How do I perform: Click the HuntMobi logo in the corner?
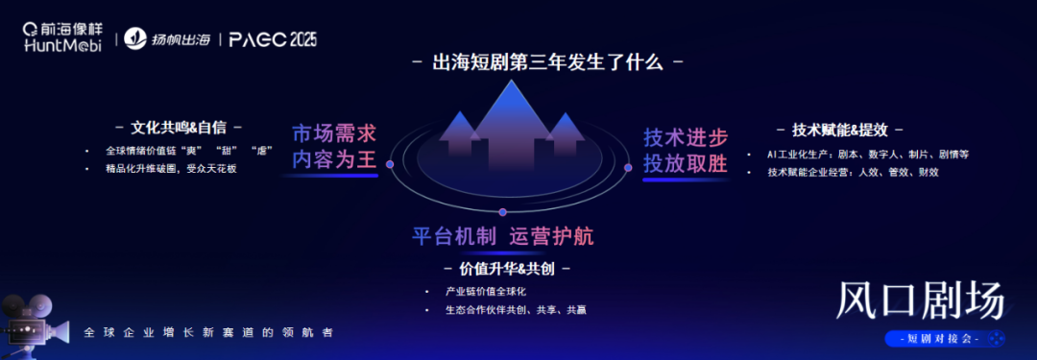point(61,38)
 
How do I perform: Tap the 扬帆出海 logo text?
point(170,39)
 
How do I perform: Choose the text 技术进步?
point(685,136)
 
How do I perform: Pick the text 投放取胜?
point(685,163)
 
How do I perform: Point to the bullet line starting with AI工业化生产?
point(868,154)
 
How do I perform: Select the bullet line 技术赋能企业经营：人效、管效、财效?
point(853,172)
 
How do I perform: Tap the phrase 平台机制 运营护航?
point(510,236)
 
